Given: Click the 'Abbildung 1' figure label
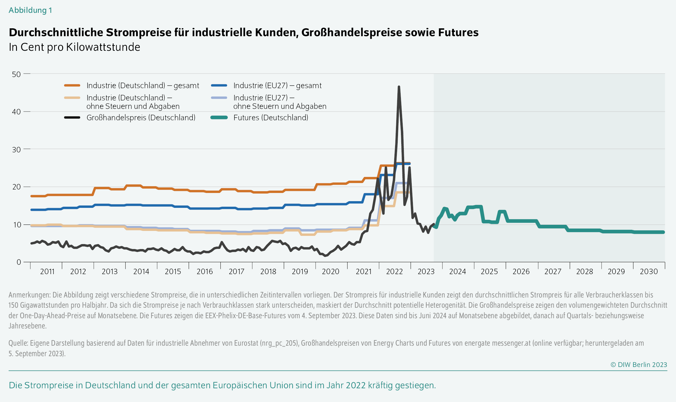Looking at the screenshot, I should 30,10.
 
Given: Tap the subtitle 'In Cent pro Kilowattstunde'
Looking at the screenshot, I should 74,47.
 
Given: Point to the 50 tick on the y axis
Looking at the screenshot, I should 16,74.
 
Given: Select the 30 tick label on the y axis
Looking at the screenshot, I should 16,149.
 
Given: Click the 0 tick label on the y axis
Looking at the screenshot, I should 19,262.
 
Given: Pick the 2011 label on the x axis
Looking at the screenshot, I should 47,272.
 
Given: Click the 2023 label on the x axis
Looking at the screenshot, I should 426,272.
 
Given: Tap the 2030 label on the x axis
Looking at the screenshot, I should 649,272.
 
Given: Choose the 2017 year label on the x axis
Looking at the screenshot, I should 236,272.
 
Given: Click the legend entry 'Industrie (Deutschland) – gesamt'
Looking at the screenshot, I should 143,86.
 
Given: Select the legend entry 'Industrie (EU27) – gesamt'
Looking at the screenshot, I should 277,86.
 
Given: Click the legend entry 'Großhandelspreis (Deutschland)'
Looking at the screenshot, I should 141,118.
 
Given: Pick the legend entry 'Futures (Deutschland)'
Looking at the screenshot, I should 270,118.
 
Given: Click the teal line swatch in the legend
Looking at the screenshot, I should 219,118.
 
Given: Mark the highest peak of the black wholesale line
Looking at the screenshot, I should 399,87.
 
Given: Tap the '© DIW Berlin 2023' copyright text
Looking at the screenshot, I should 639,365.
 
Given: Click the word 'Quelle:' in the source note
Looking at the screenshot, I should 18,343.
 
